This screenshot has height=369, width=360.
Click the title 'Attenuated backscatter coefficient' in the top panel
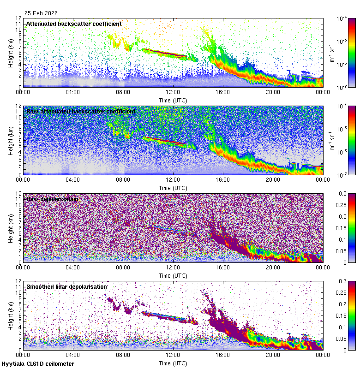coord(74,24)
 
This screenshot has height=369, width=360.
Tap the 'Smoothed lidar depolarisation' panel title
coord(66,286)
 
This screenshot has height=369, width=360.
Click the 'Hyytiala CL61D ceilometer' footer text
coord(38,364)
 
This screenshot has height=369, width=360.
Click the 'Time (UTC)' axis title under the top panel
coord(173,100)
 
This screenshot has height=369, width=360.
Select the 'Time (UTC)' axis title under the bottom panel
coord(173,363)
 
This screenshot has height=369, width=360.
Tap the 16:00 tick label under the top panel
coord(223,92)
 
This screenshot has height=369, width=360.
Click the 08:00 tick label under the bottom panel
coord(123,355)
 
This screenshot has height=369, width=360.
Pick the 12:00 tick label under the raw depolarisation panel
coord(173,267)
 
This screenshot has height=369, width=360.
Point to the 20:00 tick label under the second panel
coord(273,179)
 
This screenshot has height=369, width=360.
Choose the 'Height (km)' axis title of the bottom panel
coord(10,315)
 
